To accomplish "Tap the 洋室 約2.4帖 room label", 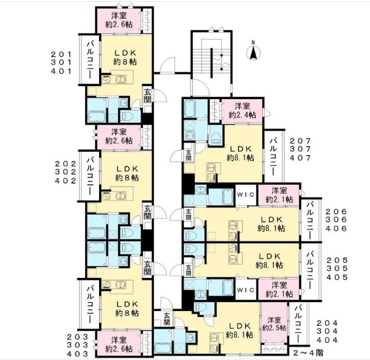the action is [x=242, y=110].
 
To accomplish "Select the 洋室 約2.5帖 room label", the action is [x=274, y=324].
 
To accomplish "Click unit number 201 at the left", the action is [x=61, y=54].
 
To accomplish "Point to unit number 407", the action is [x=300, y=158].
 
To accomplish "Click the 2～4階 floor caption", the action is [x=309, y=353].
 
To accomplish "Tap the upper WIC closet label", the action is [x=245, y=195].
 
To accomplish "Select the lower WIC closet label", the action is [x=245, y=290].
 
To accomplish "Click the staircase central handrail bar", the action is [x=212, y=63].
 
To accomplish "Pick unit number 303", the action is [x=78, y=345].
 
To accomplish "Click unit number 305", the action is [x=337, y=269].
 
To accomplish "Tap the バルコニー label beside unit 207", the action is [x=274, y=157].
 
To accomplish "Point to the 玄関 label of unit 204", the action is [x=167, y=319].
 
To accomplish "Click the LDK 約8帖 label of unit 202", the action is [x=127, y=174].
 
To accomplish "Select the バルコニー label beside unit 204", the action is [x=299, y=324].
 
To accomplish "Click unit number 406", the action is [x=336, y=228].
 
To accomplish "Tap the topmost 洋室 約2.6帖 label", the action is [x=119, y=20].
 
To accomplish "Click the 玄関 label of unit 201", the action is [x=147, y=96].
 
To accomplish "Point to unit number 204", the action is [x=328, y=323].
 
